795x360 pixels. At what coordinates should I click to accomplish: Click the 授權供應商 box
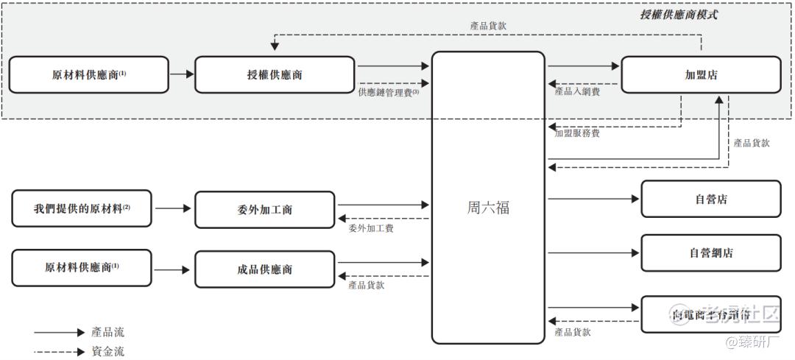(275, 75)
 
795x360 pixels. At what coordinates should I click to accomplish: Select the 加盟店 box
(700, 75)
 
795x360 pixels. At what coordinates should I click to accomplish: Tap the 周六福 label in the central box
(488, 208)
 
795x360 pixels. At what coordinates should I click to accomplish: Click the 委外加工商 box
(264, 210)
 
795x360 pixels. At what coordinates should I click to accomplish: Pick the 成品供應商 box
(264, 269)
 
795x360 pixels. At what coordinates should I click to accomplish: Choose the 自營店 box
(710, 199)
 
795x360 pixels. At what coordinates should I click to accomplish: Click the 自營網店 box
(710, 253)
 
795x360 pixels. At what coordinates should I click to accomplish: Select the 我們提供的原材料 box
(82, 208)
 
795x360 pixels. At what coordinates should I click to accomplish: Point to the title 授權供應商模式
(678, 15)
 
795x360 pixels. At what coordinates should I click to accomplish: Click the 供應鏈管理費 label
(388, 93)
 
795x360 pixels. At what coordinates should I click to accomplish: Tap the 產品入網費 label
(577, 92)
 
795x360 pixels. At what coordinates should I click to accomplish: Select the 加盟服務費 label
(577, 133)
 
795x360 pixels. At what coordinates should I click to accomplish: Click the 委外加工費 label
(371, 229)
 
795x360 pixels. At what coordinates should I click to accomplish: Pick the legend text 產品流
(107, 333)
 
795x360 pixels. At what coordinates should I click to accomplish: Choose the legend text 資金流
(107, 351)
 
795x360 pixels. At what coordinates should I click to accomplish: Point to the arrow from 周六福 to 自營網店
(593, 253)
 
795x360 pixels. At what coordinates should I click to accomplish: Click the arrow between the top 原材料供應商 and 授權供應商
(181, 74)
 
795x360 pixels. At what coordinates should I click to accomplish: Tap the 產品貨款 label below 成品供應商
(366, 285)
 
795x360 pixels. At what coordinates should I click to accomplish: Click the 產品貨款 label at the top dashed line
(488, 26)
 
